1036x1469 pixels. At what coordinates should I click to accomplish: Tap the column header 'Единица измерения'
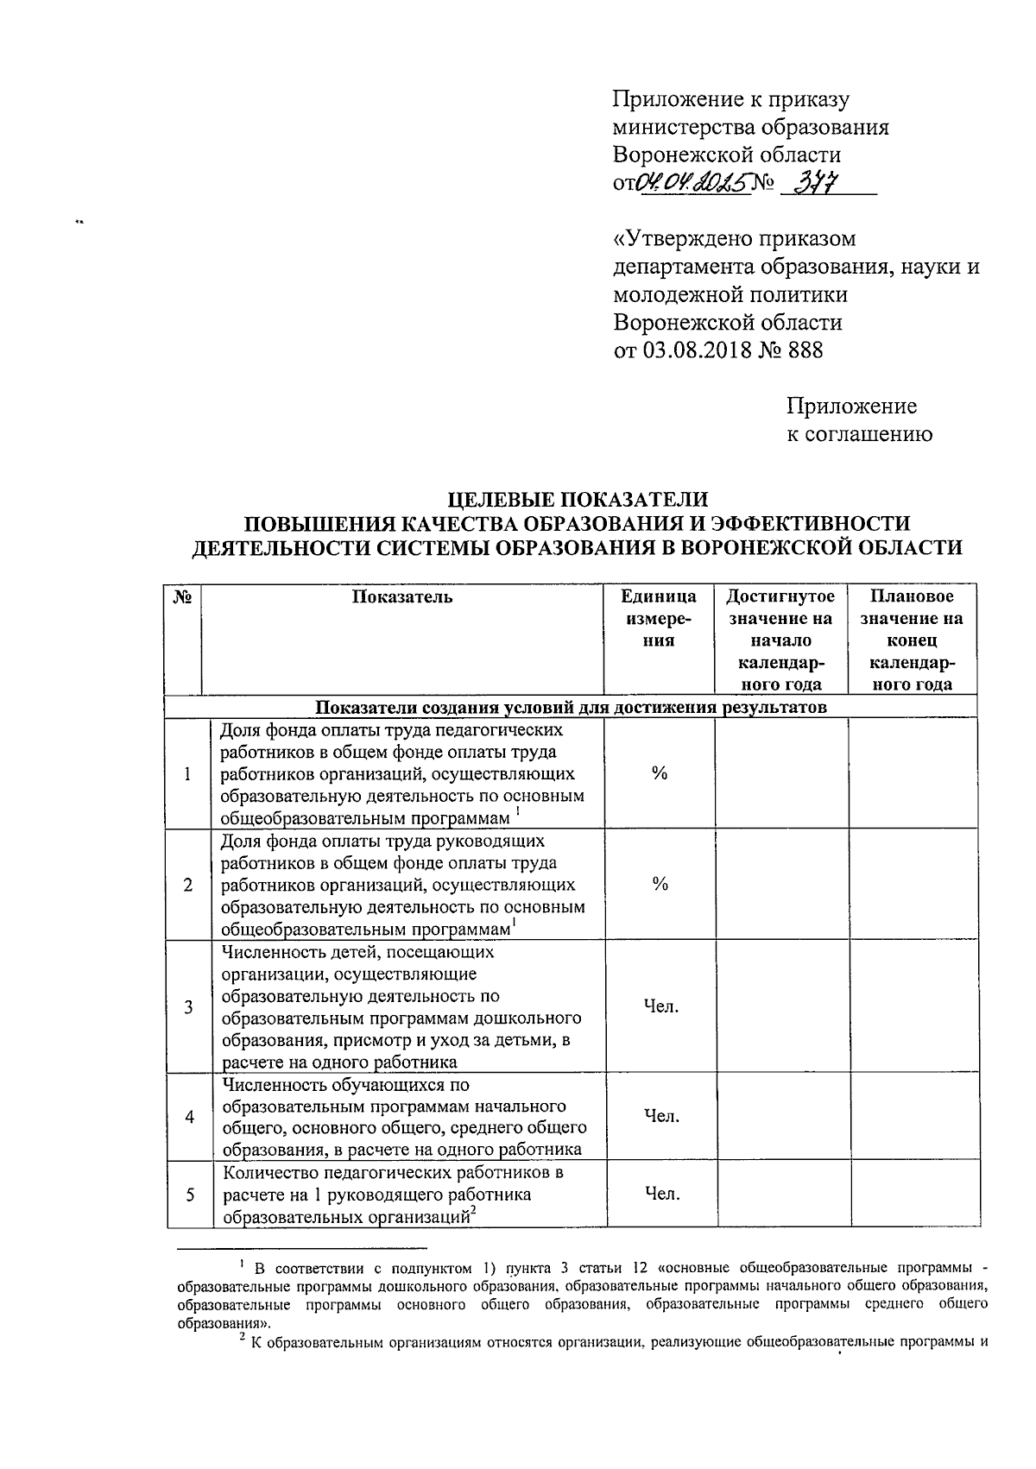pyautogui.click(x=660, y=618)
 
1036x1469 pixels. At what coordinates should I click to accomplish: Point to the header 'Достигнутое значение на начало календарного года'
pyautogui.click(x=780, y=640)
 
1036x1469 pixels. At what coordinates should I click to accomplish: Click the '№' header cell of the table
pyautogui.click(x=182, y=596)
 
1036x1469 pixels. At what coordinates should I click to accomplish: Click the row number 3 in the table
pyautogui.click(x=188, y=1006)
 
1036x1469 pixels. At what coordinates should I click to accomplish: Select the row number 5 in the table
pyautogui.click(x=188, y=1195)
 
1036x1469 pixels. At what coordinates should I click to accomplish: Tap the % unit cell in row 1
pyautogui.click(x=660, y=773)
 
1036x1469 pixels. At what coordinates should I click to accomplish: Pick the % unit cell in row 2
pyautogui.click(x=660, y=884)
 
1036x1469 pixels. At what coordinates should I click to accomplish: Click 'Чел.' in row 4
pyautogui.click(x=661, y=1116)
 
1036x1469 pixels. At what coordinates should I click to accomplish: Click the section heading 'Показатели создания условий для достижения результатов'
pyautogui.click(x=571, y=708)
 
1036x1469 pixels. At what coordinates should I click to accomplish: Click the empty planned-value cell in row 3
pyautogui.click(x=913, y=1006)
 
